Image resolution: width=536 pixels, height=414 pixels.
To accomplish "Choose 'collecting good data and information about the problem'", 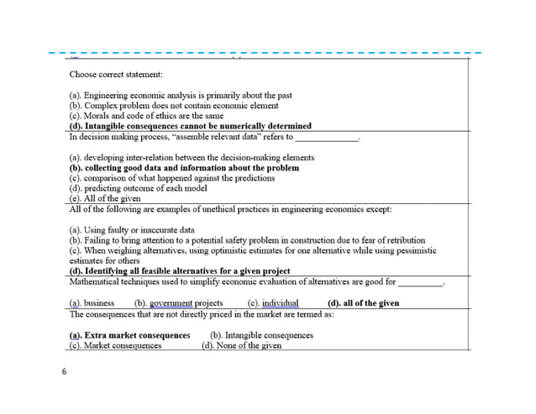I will [183, 168].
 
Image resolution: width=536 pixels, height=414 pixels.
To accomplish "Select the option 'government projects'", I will [186, 303].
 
